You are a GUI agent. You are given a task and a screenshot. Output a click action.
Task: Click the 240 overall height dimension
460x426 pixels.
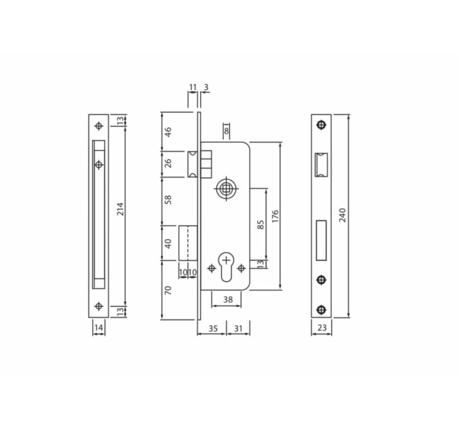[343, 215]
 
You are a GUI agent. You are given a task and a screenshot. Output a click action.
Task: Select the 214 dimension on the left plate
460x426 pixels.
[120, 209]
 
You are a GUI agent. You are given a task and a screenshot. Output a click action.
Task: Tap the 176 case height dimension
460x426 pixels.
[275, 216]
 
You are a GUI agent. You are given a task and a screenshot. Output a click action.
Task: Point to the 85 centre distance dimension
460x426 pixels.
[260, 224]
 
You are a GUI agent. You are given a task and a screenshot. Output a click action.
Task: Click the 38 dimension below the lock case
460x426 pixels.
[228, 300]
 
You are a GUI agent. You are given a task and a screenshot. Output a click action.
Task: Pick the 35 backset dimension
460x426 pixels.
[213, 329]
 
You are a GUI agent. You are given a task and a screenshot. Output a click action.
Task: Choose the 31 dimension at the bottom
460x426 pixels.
[238, 329]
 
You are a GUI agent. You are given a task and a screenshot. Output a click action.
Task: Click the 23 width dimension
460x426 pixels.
[322, 327]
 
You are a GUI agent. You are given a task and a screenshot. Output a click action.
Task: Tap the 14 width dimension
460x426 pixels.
[99, 327]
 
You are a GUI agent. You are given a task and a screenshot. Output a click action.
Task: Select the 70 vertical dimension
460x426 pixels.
[168, 291]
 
